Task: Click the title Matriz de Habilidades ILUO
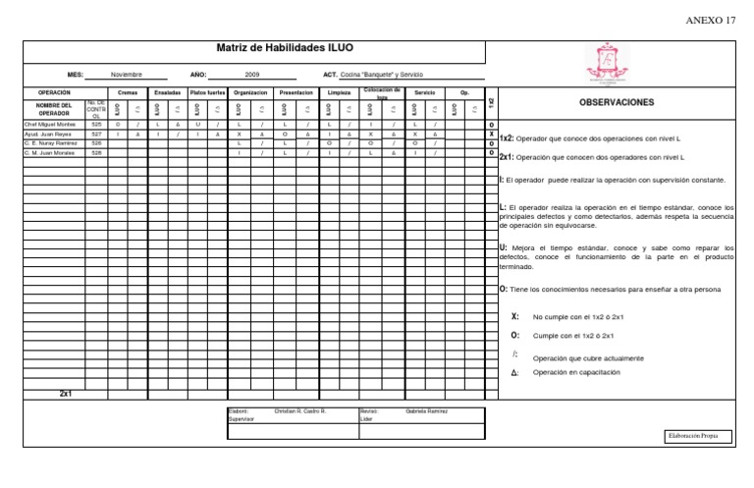tap(285, 48)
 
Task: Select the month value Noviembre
tap(127, 74)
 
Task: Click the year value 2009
tap(251, 74)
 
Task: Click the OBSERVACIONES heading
tap(618, 102)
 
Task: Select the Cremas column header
tap(128, 92)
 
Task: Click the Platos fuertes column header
tap(207, 92)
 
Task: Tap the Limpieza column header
tap(340, 92)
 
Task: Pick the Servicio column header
tap(425, 92)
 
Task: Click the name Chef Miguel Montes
tap(50, 126)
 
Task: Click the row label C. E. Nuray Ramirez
tap(51, 143)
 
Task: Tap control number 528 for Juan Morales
tap(96, 153)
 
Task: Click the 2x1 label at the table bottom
tap(66, 393)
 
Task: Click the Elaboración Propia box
tap(698, 435)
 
